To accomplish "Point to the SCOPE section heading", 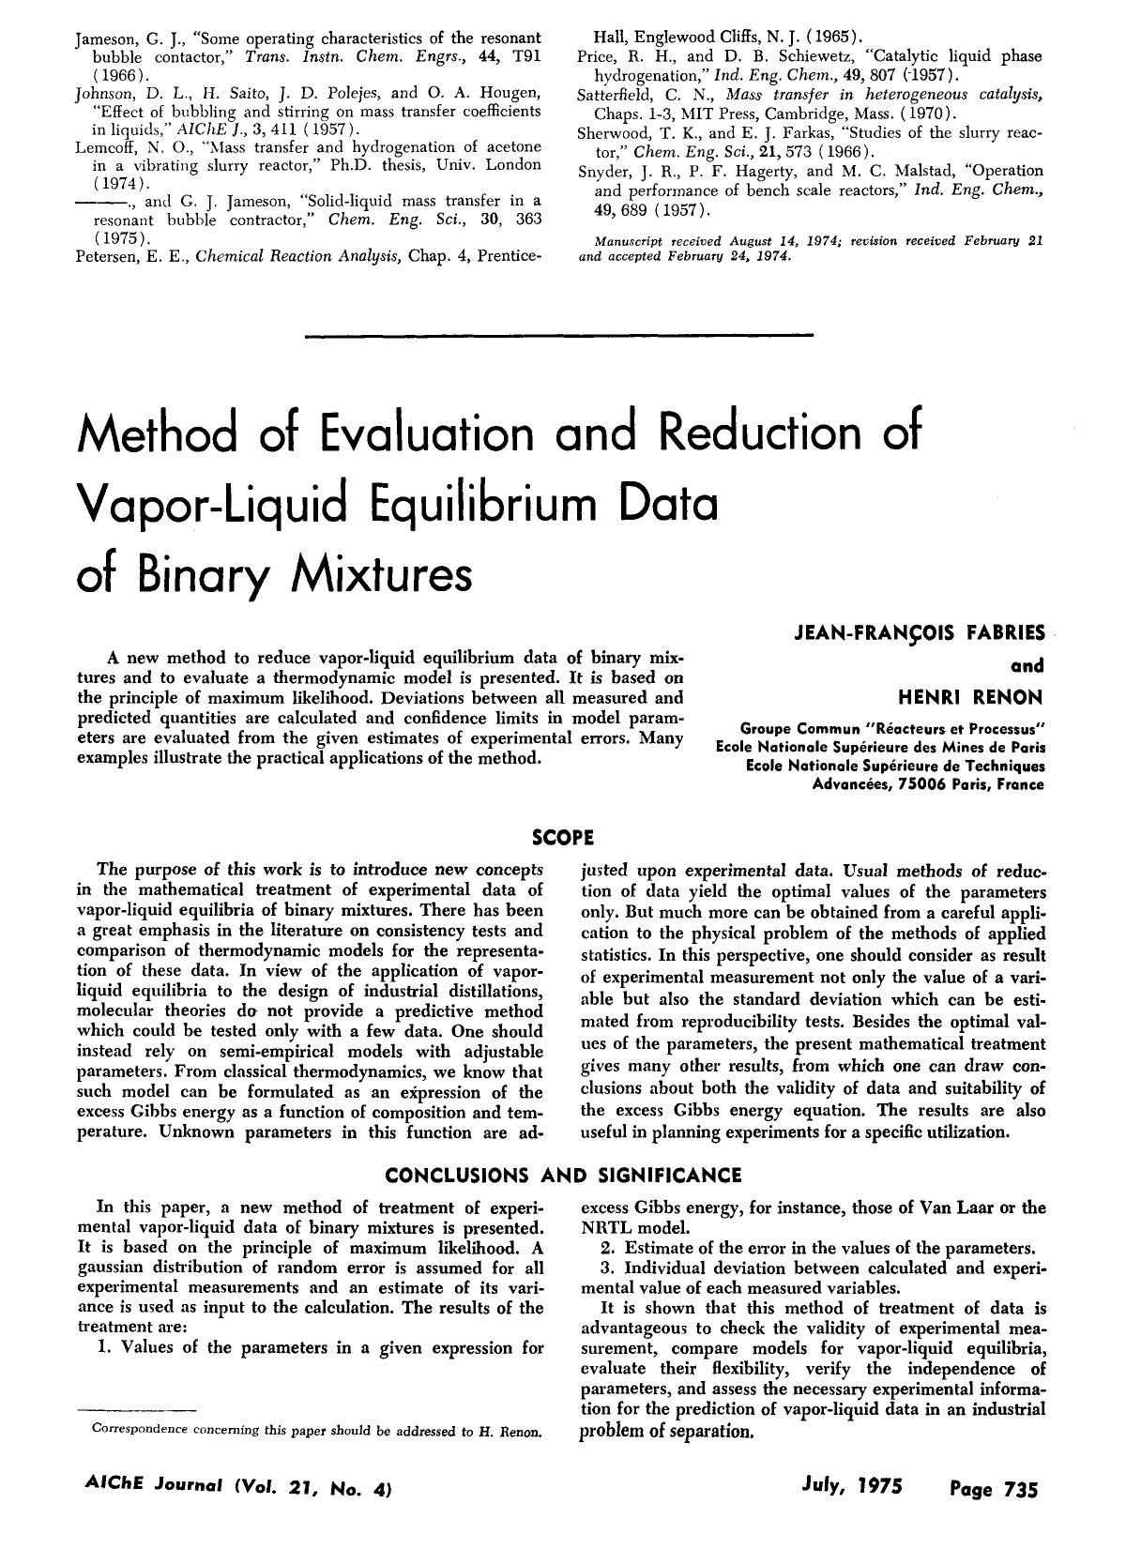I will point(562,835).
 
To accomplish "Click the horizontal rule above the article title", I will point(560,334).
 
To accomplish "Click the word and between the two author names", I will point(1028,666).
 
